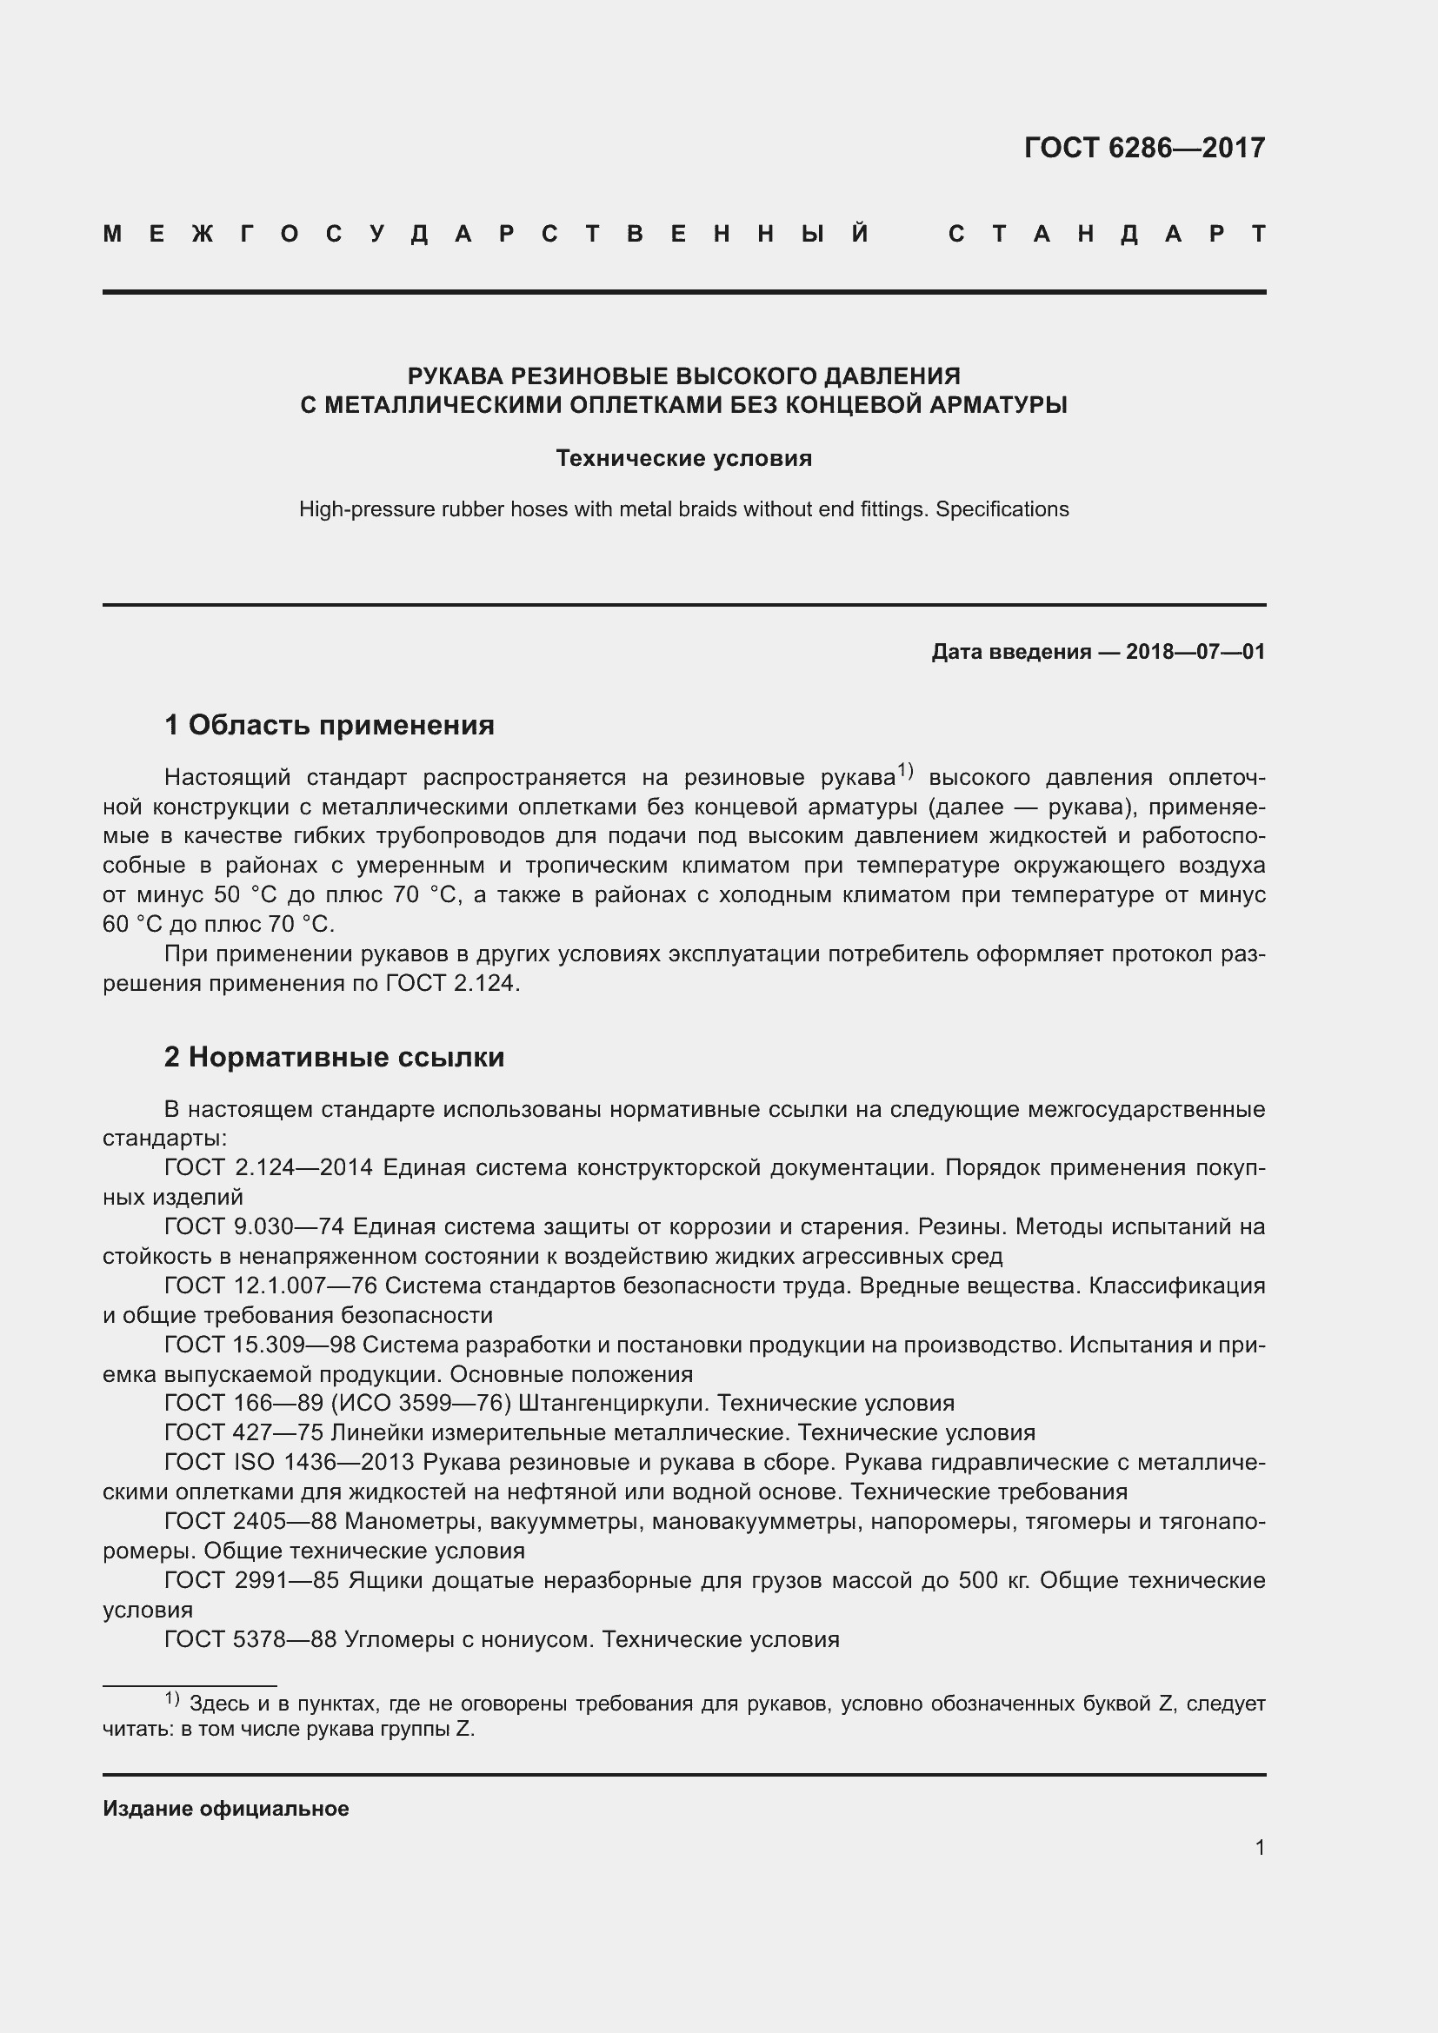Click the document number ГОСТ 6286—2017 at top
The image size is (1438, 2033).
pos(1144,148)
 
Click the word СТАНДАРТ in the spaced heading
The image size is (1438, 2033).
pos(1107,235)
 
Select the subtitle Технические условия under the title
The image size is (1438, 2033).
pos(683,458)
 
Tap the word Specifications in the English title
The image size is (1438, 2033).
pos(1002,509)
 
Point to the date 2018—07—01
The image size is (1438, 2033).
pos(1195,653)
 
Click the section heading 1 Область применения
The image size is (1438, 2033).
pos(330,725)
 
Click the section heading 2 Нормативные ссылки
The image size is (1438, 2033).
pos(334,1056)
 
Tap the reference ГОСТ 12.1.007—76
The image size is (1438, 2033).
pos(271,1285)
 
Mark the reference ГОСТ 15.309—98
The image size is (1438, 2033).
pos(259,1344)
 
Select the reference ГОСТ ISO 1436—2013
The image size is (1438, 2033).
pos(289,1462)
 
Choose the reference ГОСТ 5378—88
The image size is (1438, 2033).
pos(250,1639)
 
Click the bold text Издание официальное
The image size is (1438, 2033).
pos(226,1808)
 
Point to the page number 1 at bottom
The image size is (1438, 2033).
pos(1260,1847)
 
